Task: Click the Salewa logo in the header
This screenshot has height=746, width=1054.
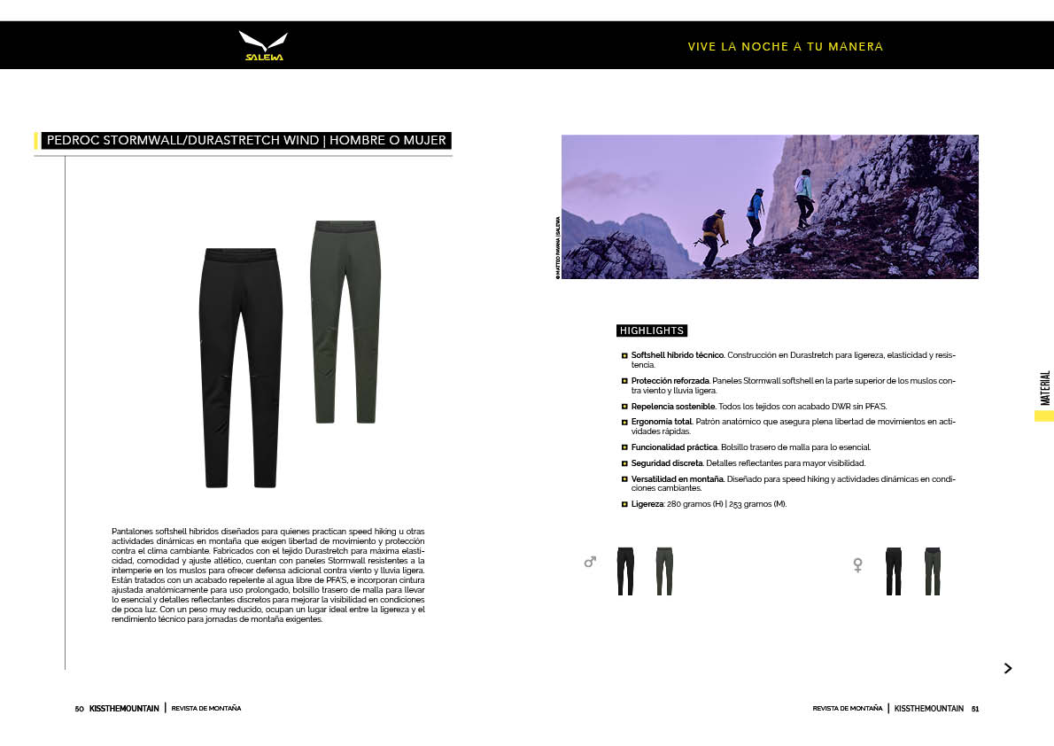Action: click(263, 46)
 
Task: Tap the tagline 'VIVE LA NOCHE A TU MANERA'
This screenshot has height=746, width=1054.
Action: click(785, 47)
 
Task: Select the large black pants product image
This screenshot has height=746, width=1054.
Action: click(240, 368)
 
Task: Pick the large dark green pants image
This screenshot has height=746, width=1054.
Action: click(347, 321)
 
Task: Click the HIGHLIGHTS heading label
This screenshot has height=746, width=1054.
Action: click(652, 330)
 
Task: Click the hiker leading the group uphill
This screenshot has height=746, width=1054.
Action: click(803, 198)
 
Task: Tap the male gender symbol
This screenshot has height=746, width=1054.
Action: click(590, 562)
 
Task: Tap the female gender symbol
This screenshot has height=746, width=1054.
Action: click(857, 564)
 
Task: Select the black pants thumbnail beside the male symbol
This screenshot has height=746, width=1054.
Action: click(625, 571)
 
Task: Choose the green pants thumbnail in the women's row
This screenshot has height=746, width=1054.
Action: click(932, 571)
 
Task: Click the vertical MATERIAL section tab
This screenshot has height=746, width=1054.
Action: click(1045, 388)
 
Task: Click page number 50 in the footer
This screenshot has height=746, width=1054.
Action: click(79, 709)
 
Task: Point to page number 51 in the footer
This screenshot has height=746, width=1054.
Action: click(974, 709)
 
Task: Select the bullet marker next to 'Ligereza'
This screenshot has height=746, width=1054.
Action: click(624, 504)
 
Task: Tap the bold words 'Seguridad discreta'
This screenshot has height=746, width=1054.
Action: click(667, 463)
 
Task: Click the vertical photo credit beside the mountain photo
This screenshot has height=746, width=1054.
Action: click(557, 248)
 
